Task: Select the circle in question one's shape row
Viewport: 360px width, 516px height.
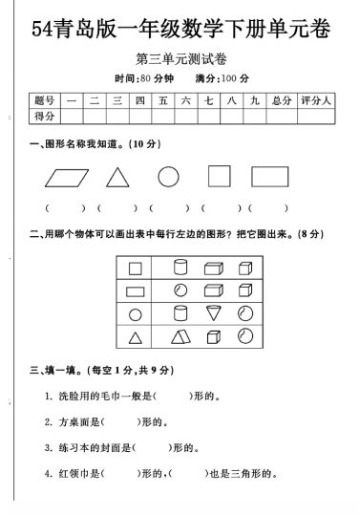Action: click(x=168, y=177)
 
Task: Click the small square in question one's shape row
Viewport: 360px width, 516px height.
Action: click(x=220, y=177)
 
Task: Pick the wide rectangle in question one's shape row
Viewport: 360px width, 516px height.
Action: click(x=270, y=177)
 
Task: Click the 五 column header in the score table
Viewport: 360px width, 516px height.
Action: click(x=164, y=99)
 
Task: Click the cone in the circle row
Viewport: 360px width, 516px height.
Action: click(x=212, y=312)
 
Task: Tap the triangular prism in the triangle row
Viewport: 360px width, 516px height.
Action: click(x=180, y=335)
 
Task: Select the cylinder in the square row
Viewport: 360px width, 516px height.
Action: click(x=180, y=269)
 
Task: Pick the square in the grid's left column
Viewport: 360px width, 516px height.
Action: click(x=136, y=269)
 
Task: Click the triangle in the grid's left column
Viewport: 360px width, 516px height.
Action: click(x=136, y=335)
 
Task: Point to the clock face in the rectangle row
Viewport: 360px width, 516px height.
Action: click(x=180, y=290)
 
